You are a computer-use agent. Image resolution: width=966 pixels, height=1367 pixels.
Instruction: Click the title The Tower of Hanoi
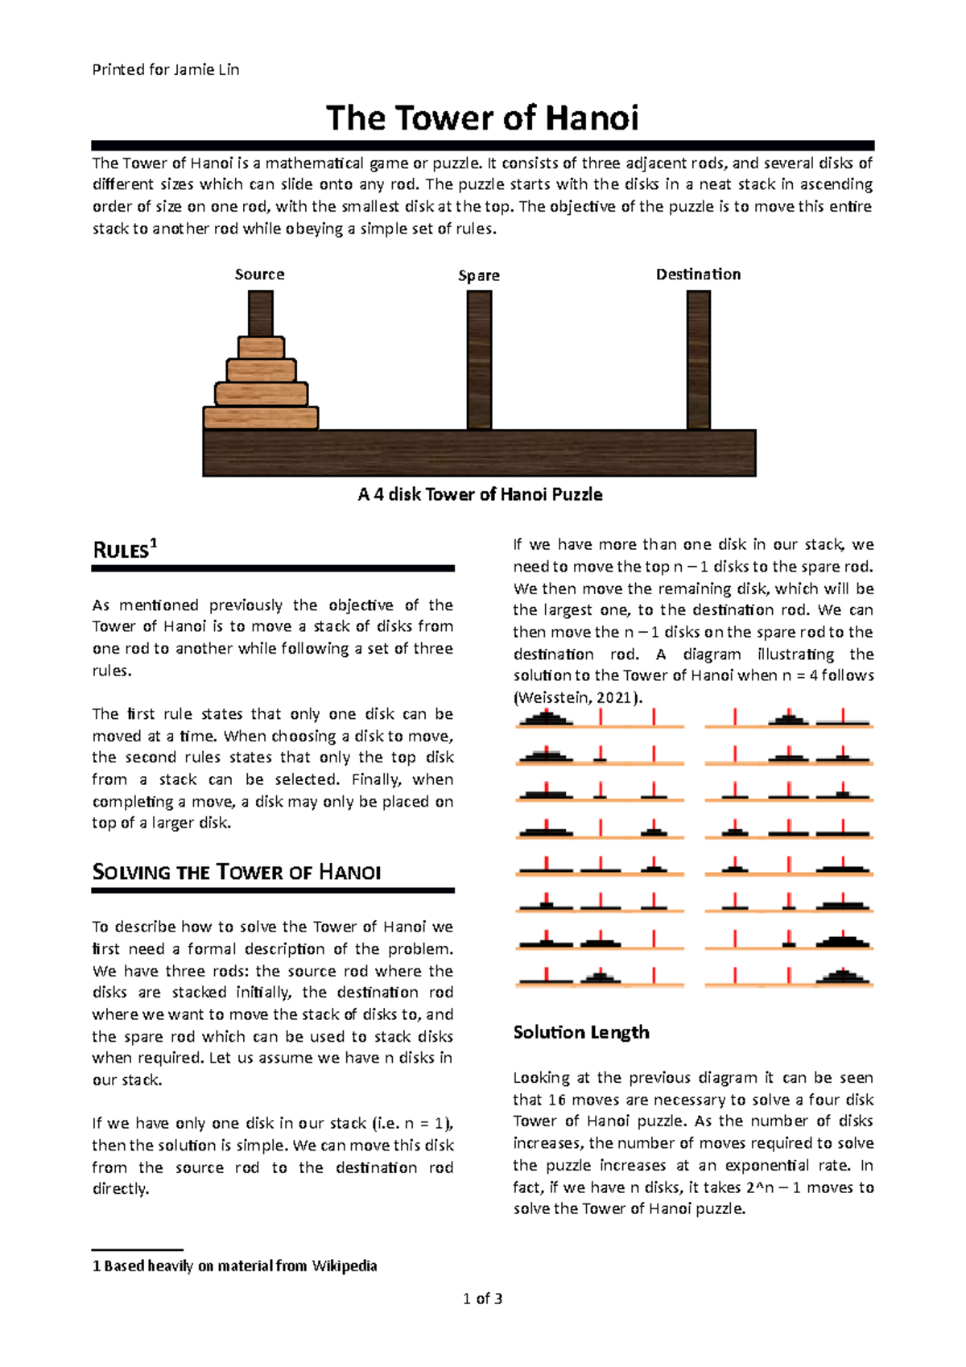click(x=482, y=118)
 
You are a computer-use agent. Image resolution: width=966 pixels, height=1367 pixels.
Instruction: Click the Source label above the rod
click(x=259, y=275)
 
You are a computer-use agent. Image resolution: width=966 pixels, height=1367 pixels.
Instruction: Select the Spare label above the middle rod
click(x=479, y=275)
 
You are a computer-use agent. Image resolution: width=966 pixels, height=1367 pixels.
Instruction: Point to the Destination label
click(x=698, y=275)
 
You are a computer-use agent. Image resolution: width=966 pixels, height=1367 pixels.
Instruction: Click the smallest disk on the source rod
click(x=261, y=348)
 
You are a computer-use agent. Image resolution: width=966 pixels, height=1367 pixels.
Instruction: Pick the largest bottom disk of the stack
click(x=261, y=418)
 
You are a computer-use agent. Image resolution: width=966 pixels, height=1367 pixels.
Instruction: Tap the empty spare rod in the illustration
click(x=479, y=359)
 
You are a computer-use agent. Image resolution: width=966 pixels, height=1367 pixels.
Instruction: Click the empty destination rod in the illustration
click(x=698, y=359)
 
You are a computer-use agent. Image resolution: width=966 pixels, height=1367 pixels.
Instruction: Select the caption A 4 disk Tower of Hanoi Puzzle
click(x=480, y=495)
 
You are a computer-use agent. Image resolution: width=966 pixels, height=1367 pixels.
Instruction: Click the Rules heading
click(x=121, y=551)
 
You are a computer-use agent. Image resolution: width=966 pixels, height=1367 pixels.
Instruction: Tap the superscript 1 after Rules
click(x=154, y=544)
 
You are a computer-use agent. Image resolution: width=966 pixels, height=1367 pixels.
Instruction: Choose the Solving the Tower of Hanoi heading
click(x=236, y=873)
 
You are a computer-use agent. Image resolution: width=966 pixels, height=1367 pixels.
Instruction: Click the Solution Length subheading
click(x=581, y=1033)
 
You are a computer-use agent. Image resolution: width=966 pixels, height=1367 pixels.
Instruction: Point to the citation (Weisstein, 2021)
click(x=578, y=698)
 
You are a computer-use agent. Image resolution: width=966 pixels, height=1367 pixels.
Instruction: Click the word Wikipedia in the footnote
click(x=345, y=1266)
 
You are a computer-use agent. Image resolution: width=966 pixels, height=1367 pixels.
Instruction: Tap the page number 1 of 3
click(x=483, y=1299)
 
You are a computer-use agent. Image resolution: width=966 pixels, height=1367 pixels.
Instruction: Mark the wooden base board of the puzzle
click(x=479, y=453)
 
